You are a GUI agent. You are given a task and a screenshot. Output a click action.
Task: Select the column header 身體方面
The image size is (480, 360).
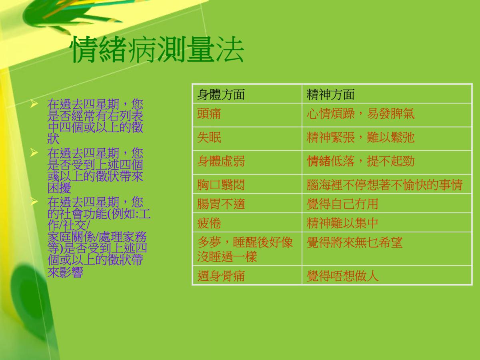(x=221, y=94)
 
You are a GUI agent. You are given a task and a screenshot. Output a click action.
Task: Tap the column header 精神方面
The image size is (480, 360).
(x=330, y=94)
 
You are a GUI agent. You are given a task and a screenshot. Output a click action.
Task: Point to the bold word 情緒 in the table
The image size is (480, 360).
(x=318, y=161)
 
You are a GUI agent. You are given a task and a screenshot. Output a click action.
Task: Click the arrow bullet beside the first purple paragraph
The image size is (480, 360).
(x=34, y=104)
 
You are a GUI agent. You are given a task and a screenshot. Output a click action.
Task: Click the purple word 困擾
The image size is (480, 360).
(x=59, y=188)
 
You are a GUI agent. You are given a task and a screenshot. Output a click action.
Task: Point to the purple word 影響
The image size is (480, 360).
(x=71, y=272)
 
